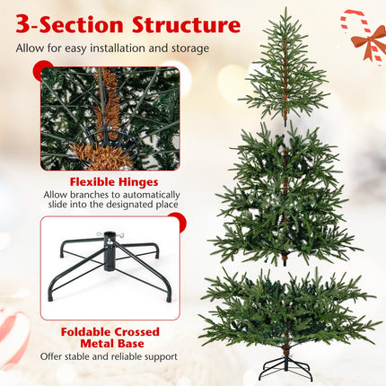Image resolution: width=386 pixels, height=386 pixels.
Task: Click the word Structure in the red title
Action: coord(185,24)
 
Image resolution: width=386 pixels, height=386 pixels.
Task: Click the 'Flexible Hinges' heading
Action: coord(110,181)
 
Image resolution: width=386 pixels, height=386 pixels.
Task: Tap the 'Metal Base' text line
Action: coord(110,344)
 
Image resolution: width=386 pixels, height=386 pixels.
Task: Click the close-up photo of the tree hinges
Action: coord(110,117)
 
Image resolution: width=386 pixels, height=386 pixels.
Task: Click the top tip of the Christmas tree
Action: coord(285,12)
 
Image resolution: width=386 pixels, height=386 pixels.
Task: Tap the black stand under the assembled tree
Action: coord(286,365)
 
